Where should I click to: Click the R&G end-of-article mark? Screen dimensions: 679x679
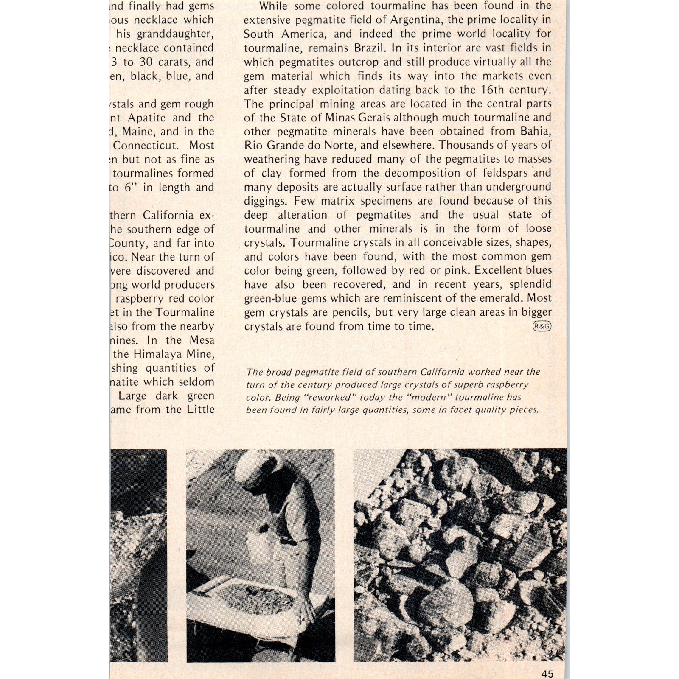click(542, 326)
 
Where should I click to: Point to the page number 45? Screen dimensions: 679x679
click(547, 674)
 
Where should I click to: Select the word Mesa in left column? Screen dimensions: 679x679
click(202, 340)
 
